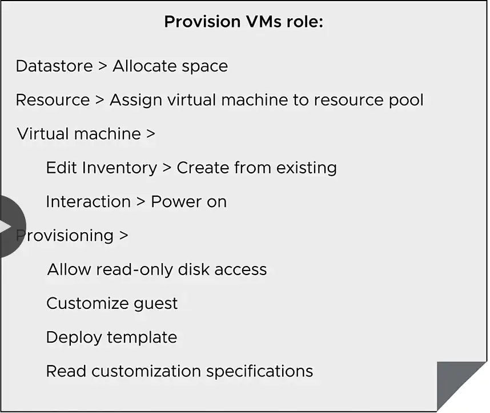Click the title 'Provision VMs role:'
point(244,22)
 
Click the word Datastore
point(54,66)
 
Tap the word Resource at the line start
point(53,100)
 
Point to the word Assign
point(135,101)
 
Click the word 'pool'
point(406,101)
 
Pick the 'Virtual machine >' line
point(86,134)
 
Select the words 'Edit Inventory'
point(102,168)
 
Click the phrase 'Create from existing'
point(257,168)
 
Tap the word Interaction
point(89,202)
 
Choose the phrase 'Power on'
point(189,202)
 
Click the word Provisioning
point(65,236)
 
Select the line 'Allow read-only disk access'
point(157,269)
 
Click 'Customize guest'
point(112,304)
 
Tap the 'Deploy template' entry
point(111,337)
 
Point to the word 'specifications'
point(259,372)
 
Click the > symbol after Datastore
point(103,66)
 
